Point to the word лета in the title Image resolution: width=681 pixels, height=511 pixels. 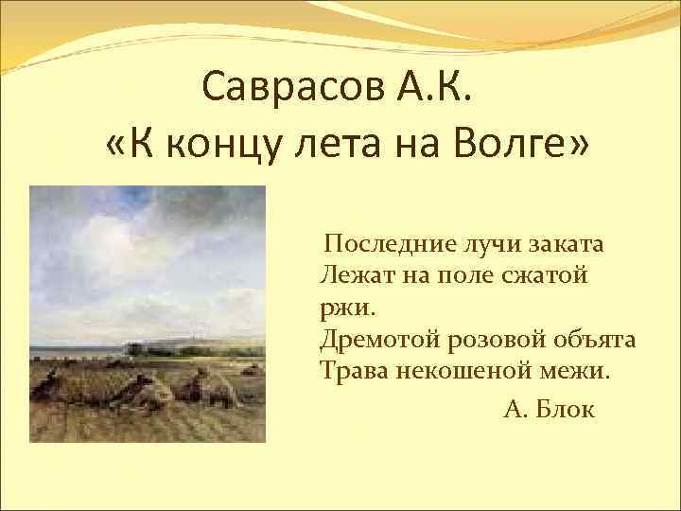point(333,147)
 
